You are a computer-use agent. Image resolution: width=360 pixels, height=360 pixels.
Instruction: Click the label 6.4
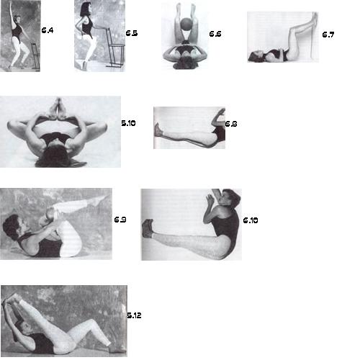[48, 30]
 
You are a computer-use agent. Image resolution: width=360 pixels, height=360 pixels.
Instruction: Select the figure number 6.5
[132, 33]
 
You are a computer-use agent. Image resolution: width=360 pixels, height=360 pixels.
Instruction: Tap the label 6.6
[215, 34]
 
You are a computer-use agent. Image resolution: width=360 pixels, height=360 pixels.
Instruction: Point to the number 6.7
[328, 35]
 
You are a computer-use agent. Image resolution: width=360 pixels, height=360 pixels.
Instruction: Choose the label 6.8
[231, 124]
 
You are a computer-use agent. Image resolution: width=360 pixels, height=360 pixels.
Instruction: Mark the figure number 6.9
[120, 220]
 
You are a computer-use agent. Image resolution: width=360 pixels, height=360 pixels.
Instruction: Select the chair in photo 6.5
[114, 48]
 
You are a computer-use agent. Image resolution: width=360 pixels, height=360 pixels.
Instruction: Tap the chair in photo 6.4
[35, 57]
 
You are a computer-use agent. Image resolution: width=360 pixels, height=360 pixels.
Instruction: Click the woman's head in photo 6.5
[85, 9]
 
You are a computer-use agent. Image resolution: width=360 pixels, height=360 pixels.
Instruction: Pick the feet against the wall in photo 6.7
[315, 18]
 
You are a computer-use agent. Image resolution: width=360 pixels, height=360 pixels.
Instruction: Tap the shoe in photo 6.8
[158, 130]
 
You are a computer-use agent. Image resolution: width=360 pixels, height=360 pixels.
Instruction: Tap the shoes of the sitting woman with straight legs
[148, 228]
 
